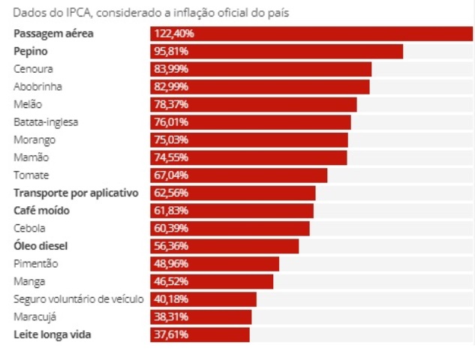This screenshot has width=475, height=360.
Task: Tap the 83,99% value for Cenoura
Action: click(x=171, y=69)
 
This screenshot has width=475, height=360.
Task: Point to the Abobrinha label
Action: click(x=38, y=86)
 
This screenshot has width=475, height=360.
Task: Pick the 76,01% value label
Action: click(x=171, y=122)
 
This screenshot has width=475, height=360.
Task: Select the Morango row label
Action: click(x=35, y=139)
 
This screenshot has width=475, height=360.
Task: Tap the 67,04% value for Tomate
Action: click(x=171, y=175)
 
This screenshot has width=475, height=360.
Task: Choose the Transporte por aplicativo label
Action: click(x=77, y=193)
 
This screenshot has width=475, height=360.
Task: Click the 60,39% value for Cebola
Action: click(x=171, y=228)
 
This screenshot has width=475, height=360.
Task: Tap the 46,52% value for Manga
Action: click(x=171, y=281)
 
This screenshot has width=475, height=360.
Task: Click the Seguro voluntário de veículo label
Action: click(x=78, y=299)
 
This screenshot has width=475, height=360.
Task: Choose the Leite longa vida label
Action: click(x=53, y=334)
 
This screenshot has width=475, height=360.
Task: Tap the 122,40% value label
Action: click(x=174, y=34)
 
